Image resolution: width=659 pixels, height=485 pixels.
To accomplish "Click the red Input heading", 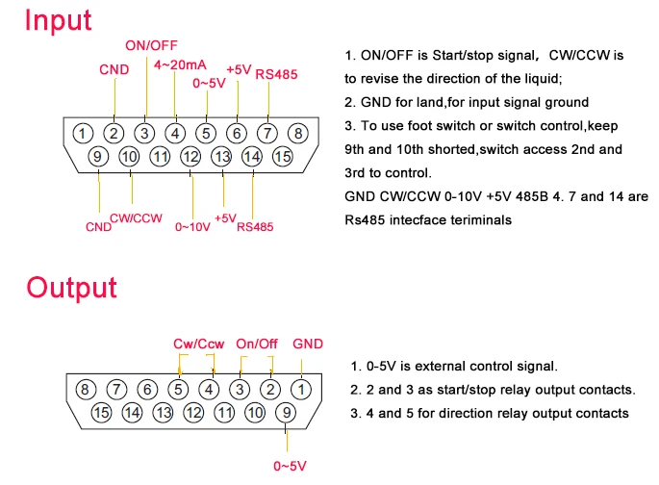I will [x=60, y=21].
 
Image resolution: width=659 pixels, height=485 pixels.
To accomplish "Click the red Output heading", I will [x=71, y=287].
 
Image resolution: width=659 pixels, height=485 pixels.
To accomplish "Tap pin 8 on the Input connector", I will [x=298, y=134].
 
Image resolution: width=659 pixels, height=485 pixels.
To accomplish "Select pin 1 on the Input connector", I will [x=84, y=134].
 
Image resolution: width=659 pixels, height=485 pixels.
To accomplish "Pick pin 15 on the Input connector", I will [x=282, y=156].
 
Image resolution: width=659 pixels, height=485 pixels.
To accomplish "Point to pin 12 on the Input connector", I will [x=190, y=156].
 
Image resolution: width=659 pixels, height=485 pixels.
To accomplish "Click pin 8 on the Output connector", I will [x=85, y=390].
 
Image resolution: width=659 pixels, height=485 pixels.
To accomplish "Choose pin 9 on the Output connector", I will [x=286, y=412].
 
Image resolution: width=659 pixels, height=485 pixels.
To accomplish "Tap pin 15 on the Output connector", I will [x=101, y=412].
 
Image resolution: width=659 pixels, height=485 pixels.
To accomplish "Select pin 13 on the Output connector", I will [x=163, y=412].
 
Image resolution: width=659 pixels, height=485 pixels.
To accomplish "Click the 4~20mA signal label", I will [x=178, y=64].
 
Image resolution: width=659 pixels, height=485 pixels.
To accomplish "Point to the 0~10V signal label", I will [x=192, y=228].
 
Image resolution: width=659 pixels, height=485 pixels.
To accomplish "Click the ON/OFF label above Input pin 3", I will [x=151, y=45].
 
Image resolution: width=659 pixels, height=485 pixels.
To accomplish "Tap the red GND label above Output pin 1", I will [x=308, y=343].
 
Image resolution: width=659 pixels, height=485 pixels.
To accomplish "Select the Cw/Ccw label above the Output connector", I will [x=198, y=343].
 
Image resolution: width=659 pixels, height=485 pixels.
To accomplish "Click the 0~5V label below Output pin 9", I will [x=290, y=466].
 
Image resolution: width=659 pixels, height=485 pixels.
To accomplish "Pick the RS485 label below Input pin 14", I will [x=255, y=228].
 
